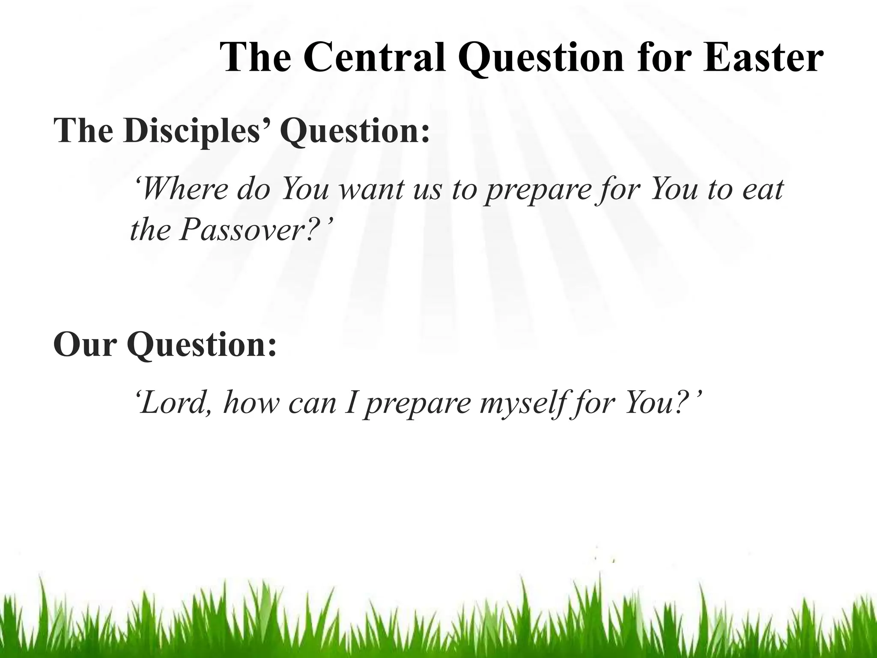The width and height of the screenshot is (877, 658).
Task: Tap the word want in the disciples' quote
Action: (367, 189)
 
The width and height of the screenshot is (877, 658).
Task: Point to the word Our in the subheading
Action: (85, 344)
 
